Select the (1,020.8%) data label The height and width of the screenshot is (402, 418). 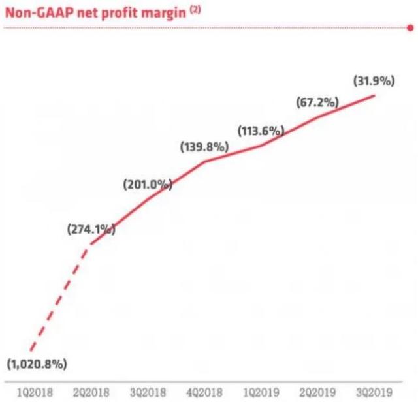click(x=37, y=363)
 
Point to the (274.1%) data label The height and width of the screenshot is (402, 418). click(x=91, y=229)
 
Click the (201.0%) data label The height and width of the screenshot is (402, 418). click(x=147, y=185)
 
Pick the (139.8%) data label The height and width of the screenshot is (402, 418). click(x=204, y=147)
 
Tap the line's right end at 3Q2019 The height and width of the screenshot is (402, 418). click(x=375, y=96)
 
